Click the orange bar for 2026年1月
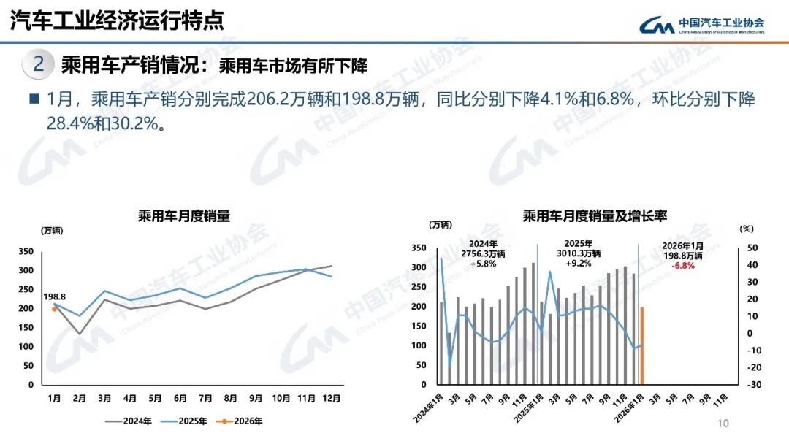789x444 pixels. tap(641, 345)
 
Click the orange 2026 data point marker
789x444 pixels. tap(54, 309)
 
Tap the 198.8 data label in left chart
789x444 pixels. tap(55, 296)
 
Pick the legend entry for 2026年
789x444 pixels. tap(240, 421)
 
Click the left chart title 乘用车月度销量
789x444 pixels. tap(184, 215)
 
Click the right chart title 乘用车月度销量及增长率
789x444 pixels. tap(595, 215)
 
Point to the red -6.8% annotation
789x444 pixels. tap(683, 266)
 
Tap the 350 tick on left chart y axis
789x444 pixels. tap(26, 251)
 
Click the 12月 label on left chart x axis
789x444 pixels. tap(332, 399)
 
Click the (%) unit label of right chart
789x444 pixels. tap(745, 229)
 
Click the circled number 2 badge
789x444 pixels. tap(39, 64)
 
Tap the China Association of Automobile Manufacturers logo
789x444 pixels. tap(701, 25)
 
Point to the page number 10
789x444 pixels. tap(724, 424)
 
